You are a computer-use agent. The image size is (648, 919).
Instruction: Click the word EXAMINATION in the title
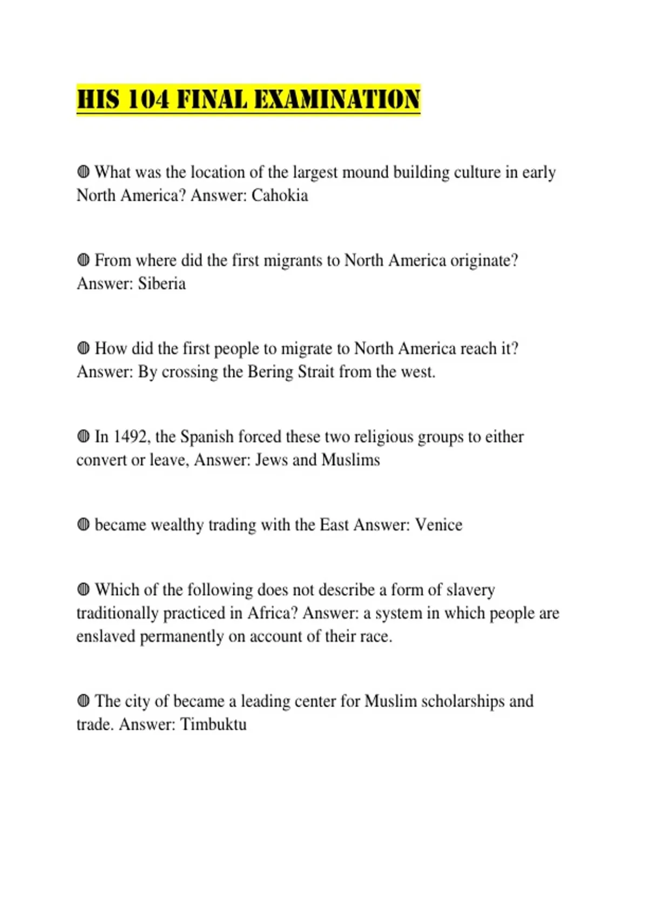tap(337, 100)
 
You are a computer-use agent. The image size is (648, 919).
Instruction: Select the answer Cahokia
tap(280, 195)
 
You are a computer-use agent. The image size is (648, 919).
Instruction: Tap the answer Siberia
tap(161, 283)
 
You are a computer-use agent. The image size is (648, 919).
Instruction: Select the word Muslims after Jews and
tap(350, 460)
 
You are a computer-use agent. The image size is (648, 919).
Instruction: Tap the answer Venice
tap(438, 525)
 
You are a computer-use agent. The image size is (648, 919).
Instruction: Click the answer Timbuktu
tap(213, 724)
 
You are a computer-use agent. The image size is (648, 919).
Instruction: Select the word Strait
tap(314, 372)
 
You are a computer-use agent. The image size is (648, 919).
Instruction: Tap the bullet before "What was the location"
tap(83, 172)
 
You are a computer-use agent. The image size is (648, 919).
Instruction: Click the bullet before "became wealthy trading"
tap(83, 524)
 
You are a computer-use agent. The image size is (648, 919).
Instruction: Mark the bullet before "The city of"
tap(83, 701)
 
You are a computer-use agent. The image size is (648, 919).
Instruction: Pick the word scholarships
tap(462, 701)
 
